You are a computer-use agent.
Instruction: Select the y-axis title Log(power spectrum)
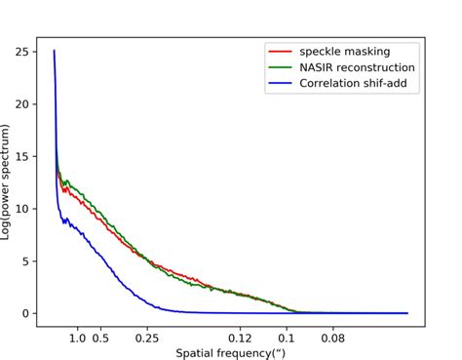click(8, 183)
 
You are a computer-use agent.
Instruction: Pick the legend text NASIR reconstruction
click(358, 67)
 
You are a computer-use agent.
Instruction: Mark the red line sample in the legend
click(280, 52)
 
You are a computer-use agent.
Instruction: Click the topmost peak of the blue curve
click(54, 50)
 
